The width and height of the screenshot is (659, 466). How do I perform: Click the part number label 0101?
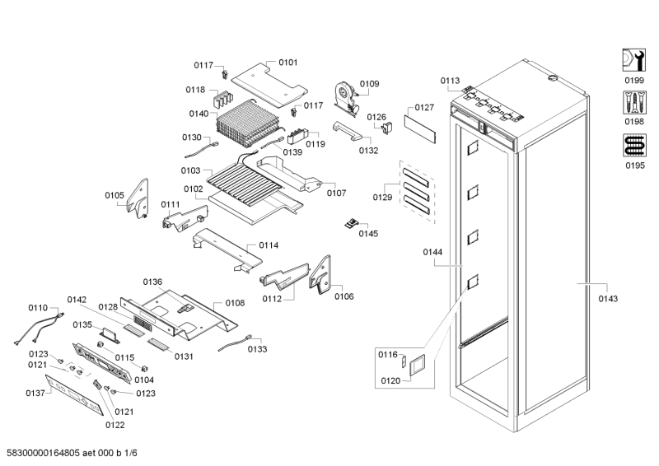(x=288, y=62)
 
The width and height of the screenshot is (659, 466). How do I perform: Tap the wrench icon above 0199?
(x=633, y=59)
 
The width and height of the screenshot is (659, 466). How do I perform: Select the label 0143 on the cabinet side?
(x=608, y=299)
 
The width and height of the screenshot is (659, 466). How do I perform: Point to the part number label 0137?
(x=34, y=393)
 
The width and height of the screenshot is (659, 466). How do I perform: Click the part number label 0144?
(x=433, y=252)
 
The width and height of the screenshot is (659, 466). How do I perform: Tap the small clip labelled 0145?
(x=353, y=221)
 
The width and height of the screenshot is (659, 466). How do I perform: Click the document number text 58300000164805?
(x=44, y=453)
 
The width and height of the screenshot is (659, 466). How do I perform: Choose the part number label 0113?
(x=450, y=81)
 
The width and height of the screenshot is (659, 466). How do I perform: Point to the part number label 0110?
(x=38, y=307)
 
